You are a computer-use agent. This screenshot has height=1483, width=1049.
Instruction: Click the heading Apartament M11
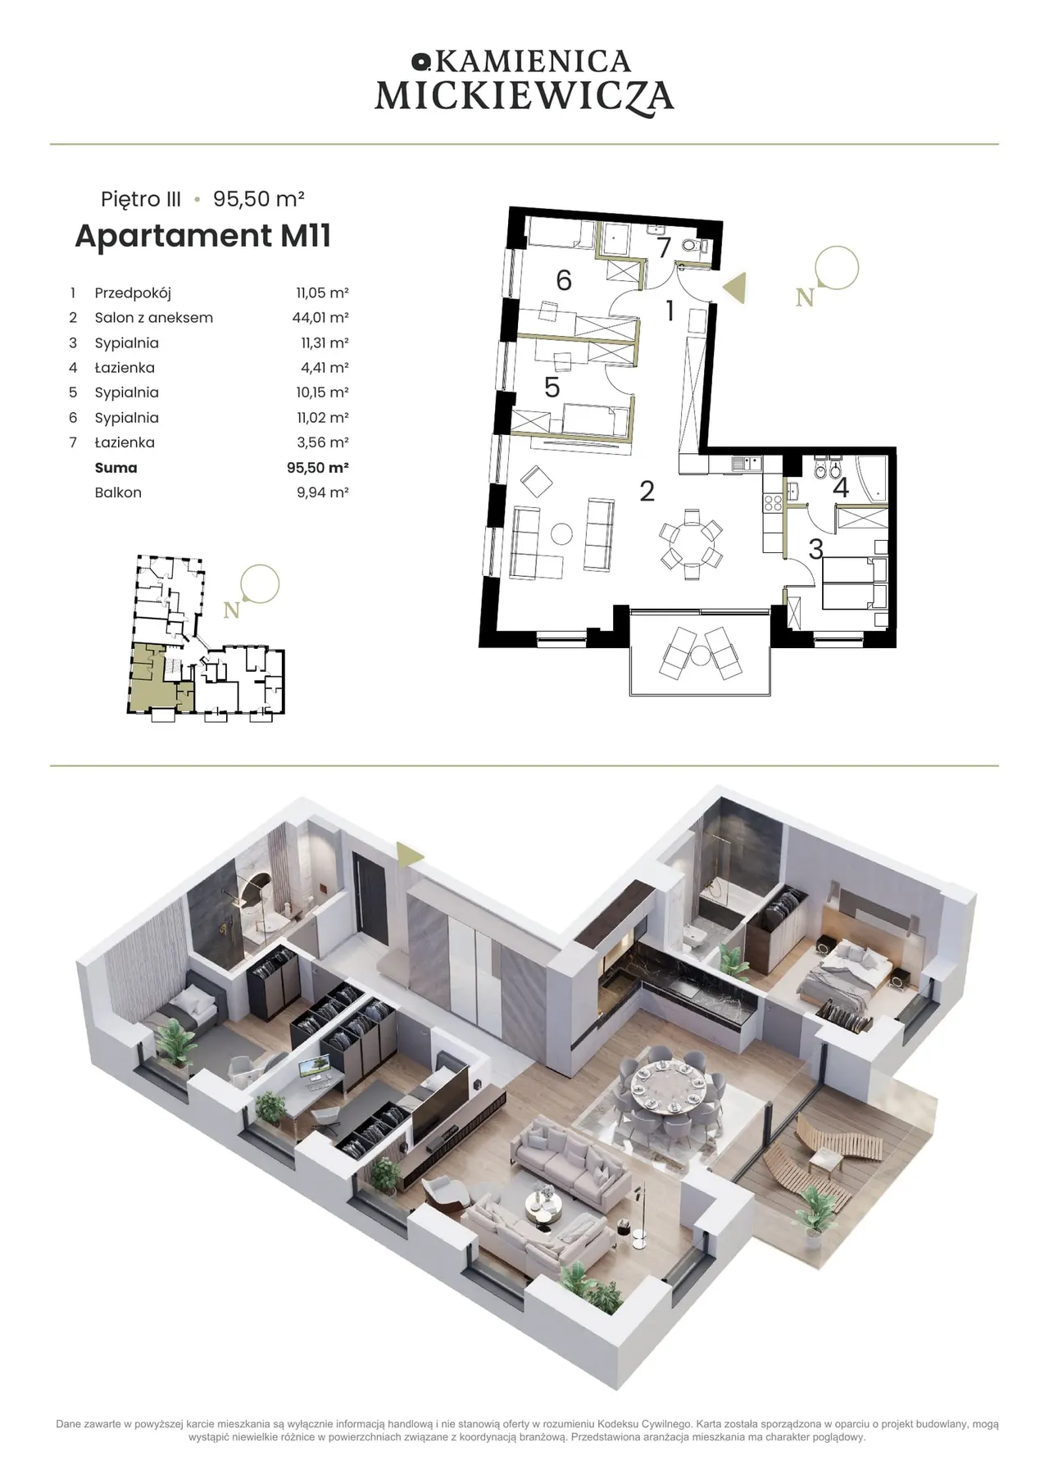coord(203,235)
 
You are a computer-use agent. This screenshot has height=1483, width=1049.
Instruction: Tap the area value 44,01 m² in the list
coord(322,318)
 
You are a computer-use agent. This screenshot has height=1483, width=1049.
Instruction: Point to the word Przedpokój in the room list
coord(133,293)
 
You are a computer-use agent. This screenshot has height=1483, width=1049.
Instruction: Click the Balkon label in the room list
coord(118,492)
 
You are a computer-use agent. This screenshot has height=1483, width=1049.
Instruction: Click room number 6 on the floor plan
coord(564,280)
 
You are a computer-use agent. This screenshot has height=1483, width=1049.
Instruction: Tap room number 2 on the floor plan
coord(647,491)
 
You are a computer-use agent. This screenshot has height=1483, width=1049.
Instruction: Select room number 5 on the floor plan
coord(552,387)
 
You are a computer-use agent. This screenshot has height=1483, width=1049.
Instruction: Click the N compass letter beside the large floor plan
coord(805,297)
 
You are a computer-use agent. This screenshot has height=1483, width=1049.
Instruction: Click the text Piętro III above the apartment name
coord(141,200)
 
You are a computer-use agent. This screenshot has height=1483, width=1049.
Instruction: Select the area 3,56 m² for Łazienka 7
coord(323,442)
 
